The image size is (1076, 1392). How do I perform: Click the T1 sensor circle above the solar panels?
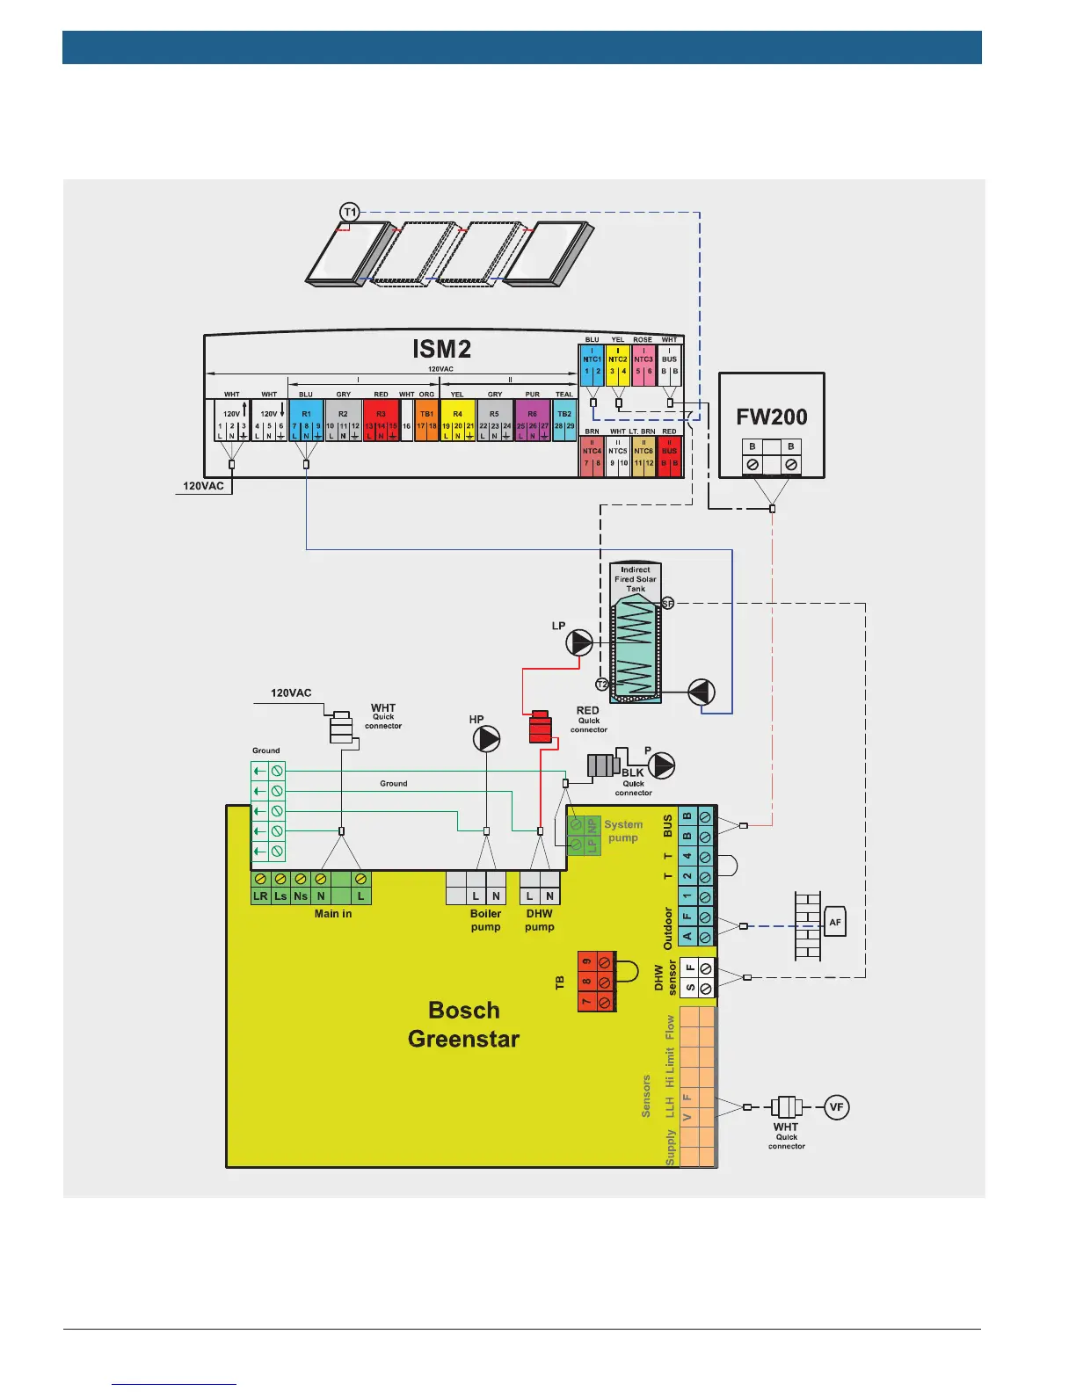click(350, 212)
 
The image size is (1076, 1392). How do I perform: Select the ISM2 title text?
click(441, 349)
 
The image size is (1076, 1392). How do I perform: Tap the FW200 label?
click(771, 417)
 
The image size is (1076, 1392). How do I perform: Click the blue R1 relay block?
click(306, 420)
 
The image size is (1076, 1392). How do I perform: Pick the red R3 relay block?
click(381, 420)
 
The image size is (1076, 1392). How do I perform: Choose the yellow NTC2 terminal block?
click(618, 365)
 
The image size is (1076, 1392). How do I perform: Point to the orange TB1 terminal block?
click(426, 420)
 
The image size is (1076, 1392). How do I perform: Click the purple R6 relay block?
click(532, 420)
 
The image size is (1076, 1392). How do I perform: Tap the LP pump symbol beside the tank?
click(579, 643)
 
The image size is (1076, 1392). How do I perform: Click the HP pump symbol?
click(486, 739)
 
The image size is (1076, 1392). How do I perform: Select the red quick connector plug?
click(540, 727)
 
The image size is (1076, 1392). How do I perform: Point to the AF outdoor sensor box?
click(835, 922)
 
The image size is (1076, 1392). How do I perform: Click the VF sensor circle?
click(836, 1106)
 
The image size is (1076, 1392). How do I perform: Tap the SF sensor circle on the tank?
click(667, 603)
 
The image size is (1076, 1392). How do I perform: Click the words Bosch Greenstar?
click(463, 1025)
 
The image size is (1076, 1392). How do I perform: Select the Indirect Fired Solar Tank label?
click(635, 579)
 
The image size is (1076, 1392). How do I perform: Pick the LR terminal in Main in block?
click(260, 895)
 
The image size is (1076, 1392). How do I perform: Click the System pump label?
click(622, 831)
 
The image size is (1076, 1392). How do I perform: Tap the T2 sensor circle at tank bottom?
click(602, 684)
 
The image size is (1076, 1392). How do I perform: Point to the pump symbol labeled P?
click(661, 765)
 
